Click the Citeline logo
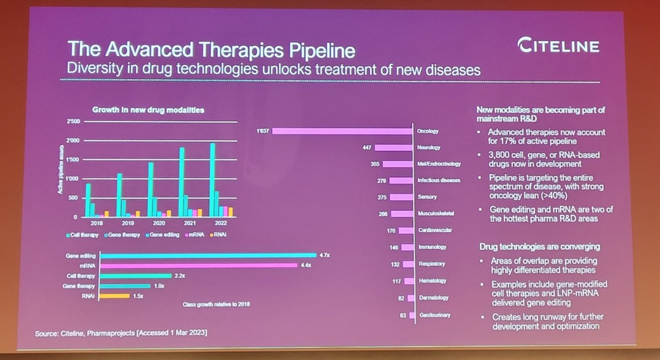(x=559, y=46)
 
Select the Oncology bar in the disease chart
(x=342, y=131)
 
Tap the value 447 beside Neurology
(x=366, y=147)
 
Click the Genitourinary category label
(x=434, y=315)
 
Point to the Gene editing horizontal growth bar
(x=208, y=256)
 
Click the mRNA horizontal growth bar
(x=198, y=265)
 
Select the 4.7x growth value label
(x=324, y=256)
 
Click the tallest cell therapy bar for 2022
(x=213, y=180)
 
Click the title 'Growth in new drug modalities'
(x=148, y=109)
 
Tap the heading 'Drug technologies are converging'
(x=539, y=247)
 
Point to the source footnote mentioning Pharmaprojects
(x=120, y=333)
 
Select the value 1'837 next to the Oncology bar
(x=262, y=131)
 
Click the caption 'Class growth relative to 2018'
(x=216, y=304)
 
